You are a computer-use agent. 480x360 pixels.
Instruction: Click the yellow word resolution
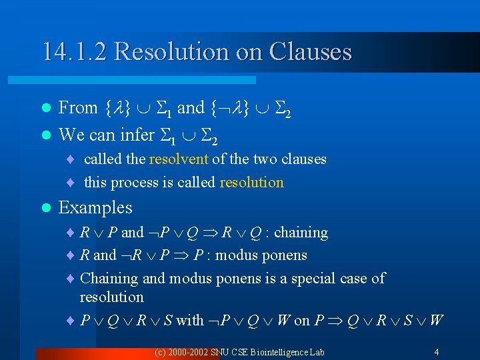[x=252, y=182]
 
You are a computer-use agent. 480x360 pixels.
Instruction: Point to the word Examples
[x=95, y=207]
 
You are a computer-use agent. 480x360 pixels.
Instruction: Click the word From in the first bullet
[x=78, y=107]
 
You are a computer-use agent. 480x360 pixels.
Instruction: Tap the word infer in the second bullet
[x=137, y=135]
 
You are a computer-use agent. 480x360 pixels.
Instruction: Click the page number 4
[x=436, y=351]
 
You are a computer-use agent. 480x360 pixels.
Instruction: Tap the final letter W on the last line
[x=436, y=321]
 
